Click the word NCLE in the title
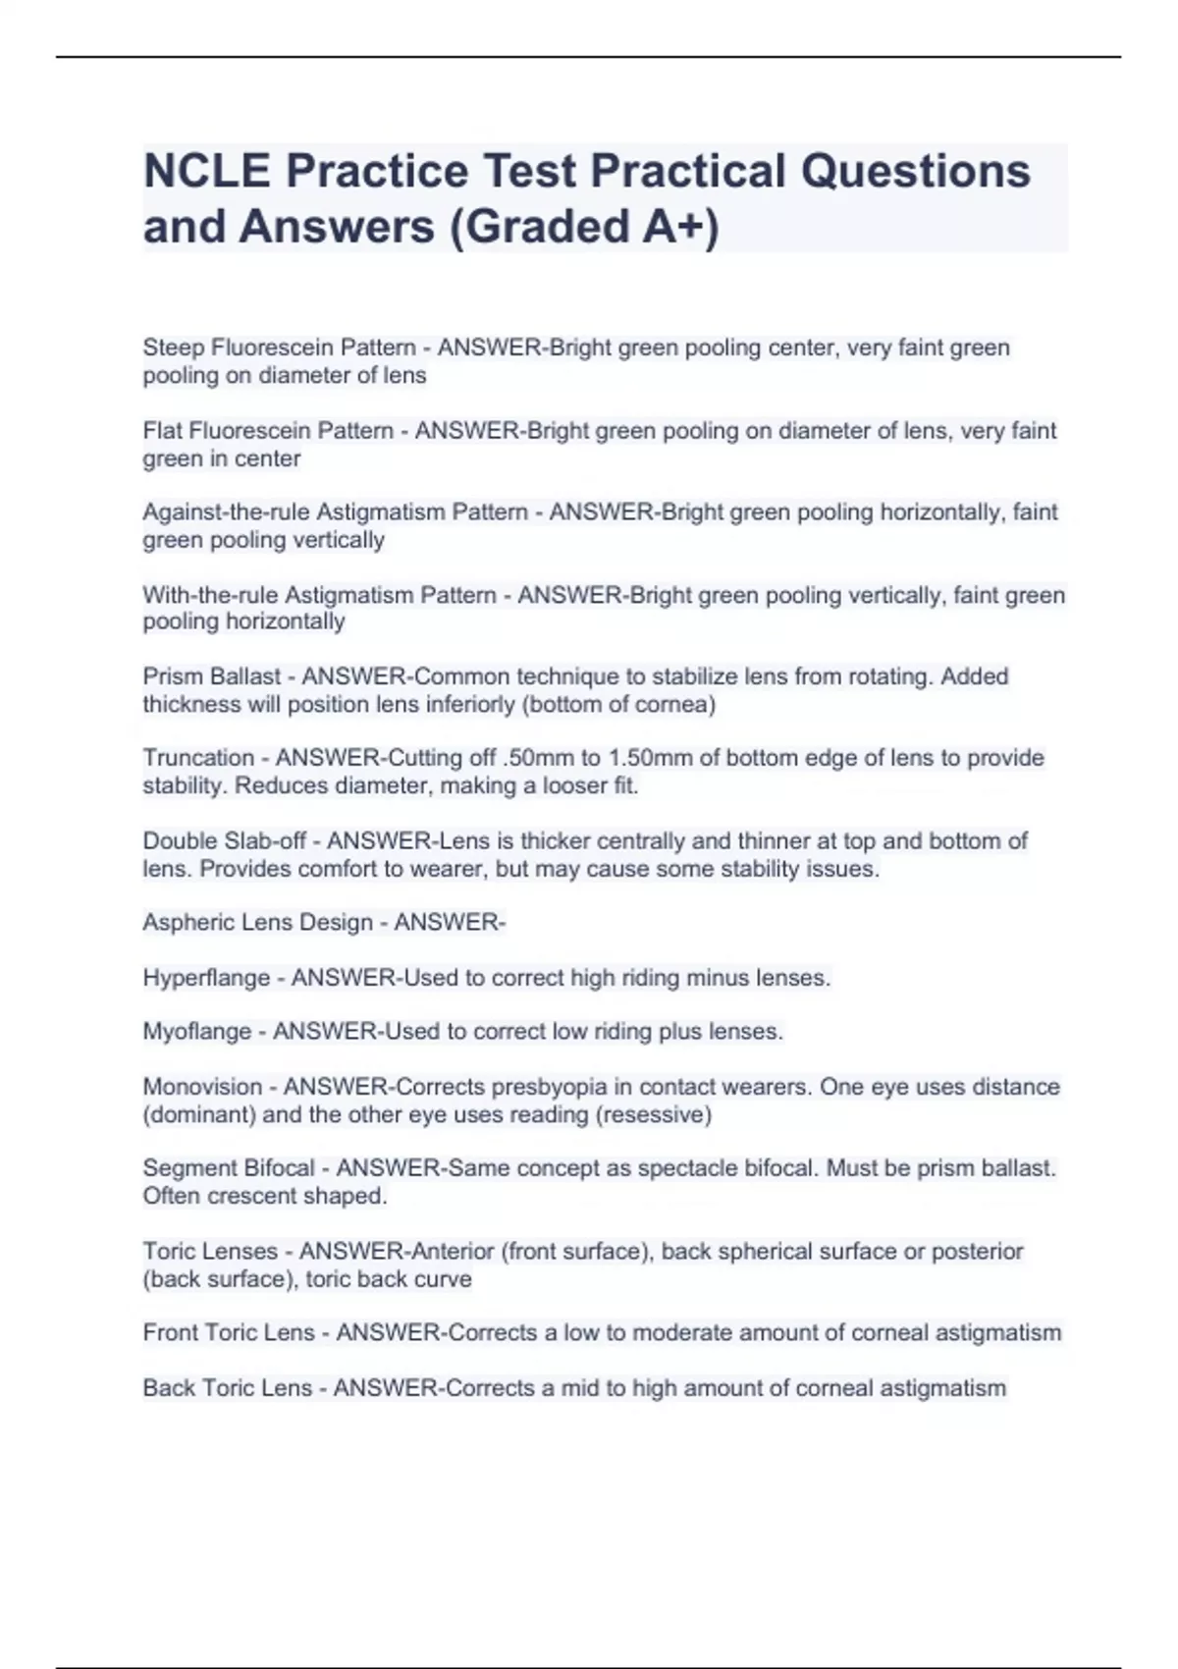coord(207,171)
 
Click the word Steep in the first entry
coord(174,349)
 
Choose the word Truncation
coord(198,758)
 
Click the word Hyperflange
coord(206,978)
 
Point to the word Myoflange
coord(197,1032)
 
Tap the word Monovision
coord(203,1087)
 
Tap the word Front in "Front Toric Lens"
coord(170,1333)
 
